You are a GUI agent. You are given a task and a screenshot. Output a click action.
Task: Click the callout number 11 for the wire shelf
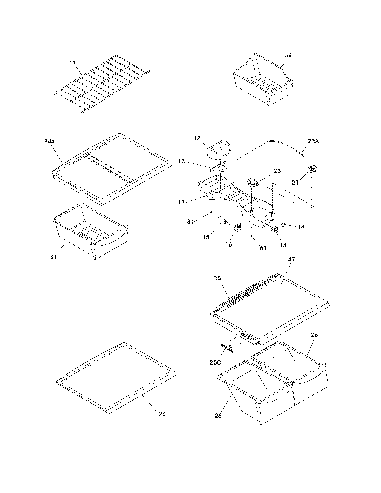point(72,63)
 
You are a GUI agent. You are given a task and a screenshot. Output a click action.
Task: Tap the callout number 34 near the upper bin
point(288,55)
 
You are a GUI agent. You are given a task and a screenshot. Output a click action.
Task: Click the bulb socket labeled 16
point(238,228)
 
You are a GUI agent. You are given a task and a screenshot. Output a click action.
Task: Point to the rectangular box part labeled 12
point(218,149)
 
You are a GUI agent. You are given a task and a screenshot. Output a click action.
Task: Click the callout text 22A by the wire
point(313,141)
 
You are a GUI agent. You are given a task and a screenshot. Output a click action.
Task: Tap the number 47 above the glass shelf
point(291,259)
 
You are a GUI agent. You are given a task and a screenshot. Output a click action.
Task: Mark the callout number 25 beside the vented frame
point(217,278)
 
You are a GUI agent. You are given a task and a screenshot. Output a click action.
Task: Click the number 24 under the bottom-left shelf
point(162,414)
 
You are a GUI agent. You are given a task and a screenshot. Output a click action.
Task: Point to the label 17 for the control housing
point(181,202)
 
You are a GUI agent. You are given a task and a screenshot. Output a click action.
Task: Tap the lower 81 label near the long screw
point(263,248)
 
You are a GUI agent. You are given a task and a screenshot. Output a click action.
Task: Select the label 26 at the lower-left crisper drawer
point(218,415)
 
